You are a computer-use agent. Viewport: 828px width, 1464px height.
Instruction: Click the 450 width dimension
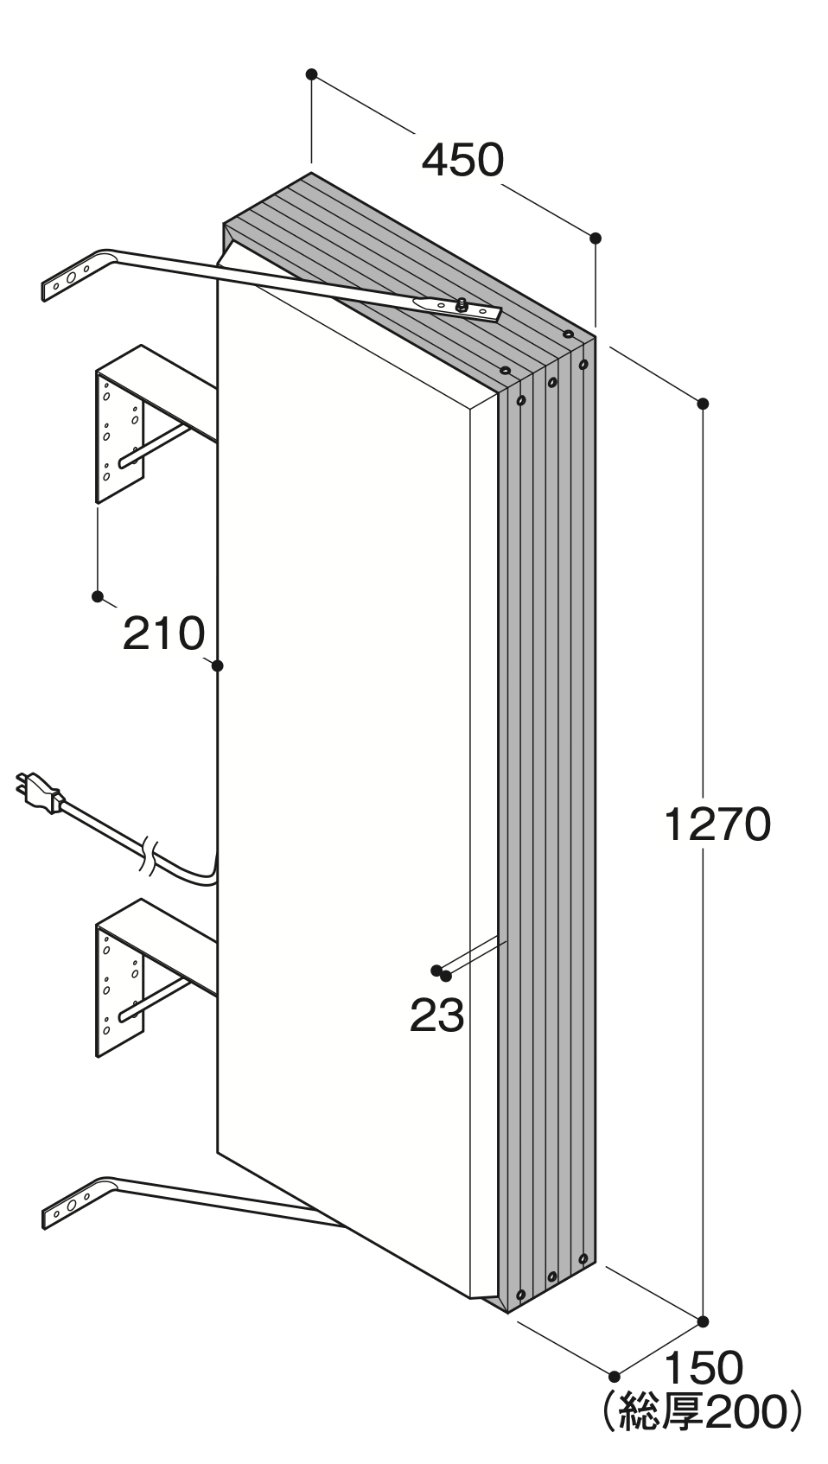click(x=462, y=160)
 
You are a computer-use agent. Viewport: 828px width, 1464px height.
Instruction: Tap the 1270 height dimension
click(x=717, y=824)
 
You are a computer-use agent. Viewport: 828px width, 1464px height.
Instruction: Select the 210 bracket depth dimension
click(x=163, y=633)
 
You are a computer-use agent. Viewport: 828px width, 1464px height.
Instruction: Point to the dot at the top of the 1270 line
click(x=704, y=404)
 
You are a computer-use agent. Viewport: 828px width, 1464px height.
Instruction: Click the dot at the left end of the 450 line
click(x=312, y=74)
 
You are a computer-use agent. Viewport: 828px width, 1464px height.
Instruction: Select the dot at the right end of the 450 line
click(x=596, y=238)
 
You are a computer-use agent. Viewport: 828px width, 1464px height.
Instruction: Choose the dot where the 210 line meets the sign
click(x=218, y=666)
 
